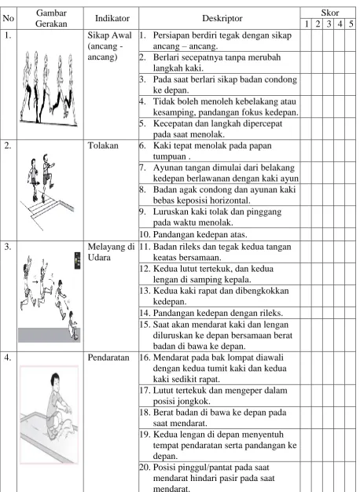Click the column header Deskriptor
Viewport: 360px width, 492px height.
point(222,18)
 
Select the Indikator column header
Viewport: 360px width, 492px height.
point(112,18)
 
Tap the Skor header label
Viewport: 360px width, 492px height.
point(329,13)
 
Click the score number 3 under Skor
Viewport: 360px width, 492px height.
point(329,24)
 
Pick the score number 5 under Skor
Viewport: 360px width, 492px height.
point(351,24)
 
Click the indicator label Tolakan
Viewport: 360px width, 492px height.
point(103,145)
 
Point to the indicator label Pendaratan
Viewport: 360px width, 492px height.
point(108,358)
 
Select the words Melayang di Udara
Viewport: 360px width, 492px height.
point(111,252)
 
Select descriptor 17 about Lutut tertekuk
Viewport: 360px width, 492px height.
point(214,395)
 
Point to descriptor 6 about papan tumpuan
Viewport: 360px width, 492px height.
point(206,151)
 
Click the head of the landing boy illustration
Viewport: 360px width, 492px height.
point(56,380)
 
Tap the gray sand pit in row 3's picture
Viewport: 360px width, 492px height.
point(49,335)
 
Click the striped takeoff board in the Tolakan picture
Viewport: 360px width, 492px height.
point(46,207)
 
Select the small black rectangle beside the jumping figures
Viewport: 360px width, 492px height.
point(77,260)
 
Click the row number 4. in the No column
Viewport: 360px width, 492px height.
point(8,358)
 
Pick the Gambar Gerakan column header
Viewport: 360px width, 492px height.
point(51,18)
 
